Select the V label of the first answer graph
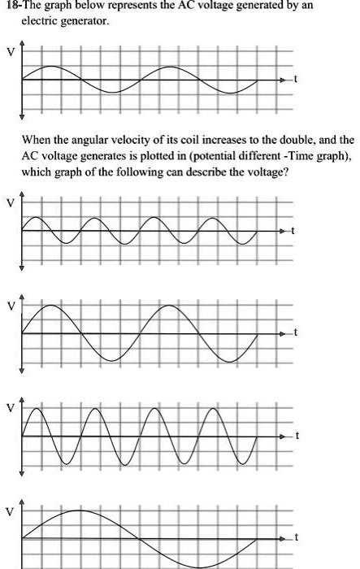10,203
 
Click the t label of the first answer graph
296,232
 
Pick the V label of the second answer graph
10,306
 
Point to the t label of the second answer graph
296,334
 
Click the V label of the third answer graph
10,409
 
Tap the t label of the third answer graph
296,437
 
